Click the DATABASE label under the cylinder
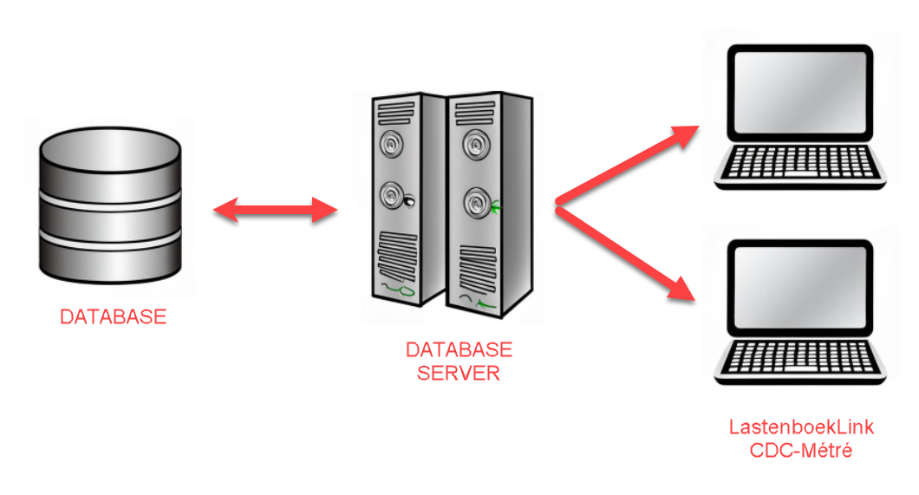point(113,317)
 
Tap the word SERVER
point(459,374)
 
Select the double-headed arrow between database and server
point(275,210)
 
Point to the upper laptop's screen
point(798,95)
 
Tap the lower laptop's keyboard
point(798,355)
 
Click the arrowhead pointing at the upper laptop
point(686,134)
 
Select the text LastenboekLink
point(800,427)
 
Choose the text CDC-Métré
point(800,450)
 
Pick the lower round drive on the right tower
point(474,204)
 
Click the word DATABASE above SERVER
point(459,350)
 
